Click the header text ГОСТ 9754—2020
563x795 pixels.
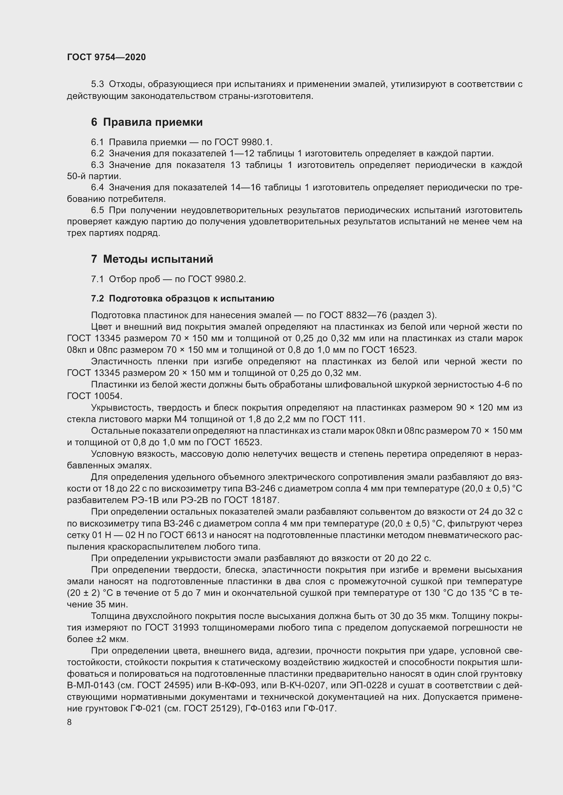106,57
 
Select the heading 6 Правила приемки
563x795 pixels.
147,122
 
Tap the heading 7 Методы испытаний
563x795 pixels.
152,259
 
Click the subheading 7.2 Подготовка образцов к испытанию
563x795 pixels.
183,298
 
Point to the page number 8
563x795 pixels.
69,722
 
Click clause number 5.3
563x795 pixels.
97,85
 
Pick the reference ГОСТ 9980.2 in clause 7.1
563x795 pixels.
216,279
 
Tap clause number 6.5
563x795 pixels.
97,210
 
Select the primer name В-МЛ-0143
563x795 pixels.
91,686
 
